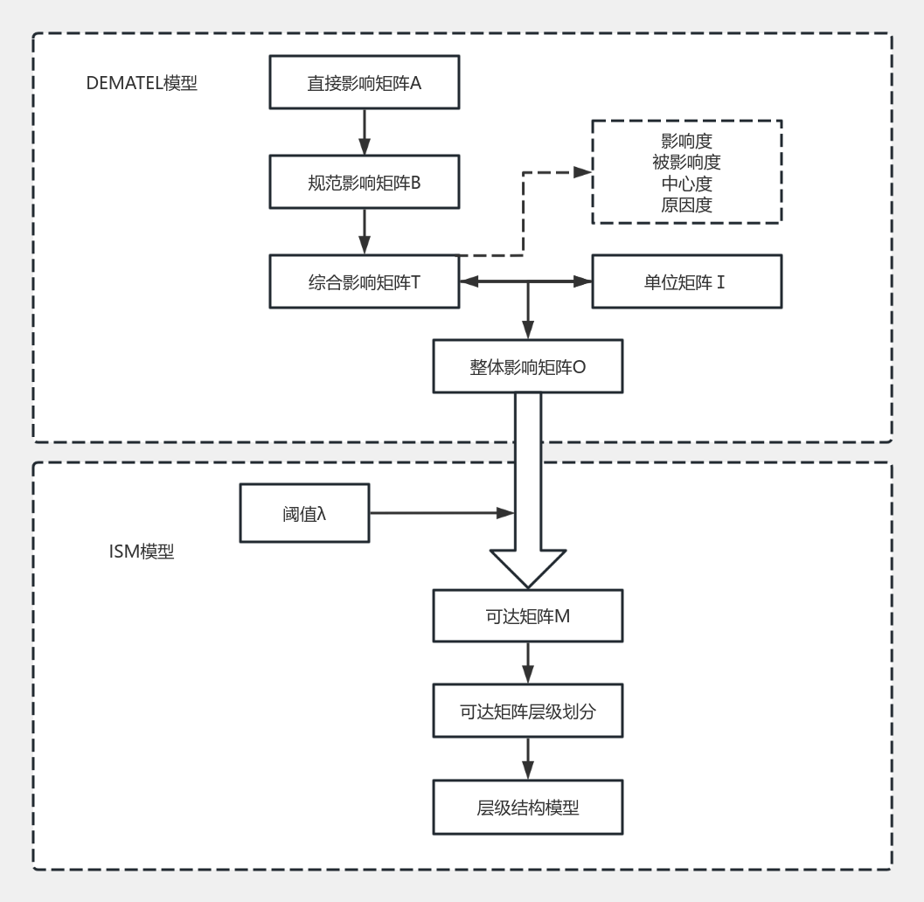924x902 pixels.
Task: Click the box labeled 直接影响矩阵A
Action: [x=365, y=84]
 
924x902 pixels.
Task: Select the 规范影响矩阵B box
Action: [x=365, y=183]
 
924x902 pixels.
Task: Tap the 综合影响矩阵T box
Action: [x=365, y=281]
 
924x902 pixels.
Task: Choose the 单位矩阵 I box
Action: [x=687, y=281]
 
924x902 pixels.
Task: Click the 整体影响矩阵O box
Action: [x=527, y=366]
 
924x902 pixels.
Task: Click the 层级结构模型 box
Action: [x=527, y=807]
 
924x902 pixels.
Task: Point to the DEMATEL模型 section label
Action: [x=142, y=84]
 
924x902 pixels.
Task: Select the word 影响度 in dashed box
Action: [x=687, y=142]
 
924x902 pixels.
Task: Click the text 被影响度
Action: [x=687, y=162]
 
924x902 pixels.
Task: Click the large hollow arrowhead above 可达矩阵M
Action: [x=527, y=569]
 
